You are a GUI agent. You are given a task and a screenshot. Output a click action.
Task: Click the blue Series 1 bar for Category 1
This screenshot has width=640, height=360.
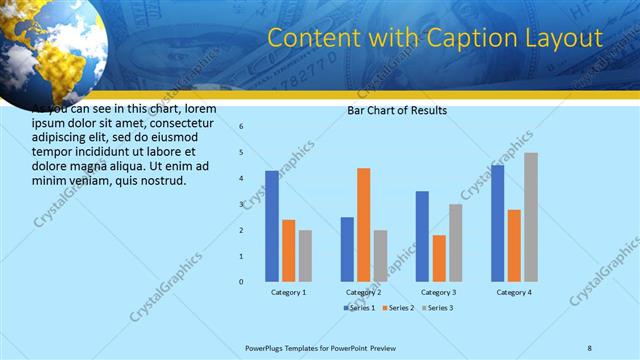point(272,226)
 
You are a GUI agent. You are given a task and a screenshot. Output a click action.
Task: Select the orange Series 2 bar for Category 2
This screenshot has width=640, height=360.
point(364,225)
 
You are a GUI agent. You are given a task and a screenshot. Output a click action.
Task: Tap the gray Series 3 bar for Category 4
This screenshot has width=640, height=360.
point(531,217)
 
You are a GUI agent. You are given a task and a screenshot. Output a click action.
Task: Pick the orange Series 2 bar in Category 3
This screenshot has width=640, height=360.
point(440,258)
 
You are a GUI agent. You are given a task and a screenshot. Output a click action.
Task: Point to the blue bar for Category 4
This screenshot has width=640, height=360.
point(498,223)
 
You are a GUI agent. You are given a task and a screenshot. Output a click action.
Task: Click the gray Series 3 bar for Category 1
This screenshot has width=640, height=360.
point(305,256)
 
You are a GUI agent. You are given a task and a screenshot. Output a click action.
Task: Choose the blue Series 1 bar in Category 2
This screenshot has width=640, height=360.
point(347,249)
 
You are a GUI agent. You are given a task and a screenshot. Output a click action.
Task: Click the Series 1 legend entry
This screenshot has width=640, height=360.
point(359,308)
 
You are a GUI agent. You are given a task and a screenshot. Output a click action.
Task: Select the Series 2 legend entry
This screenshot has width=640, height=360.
point(398,308)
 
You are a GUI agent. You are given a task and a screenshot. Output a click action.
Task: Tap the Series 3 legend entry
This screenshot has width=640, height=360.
point(436,308)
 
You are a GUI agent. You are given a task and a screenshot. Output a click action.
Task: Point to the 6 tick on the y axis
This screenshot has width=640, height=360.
point(241,127)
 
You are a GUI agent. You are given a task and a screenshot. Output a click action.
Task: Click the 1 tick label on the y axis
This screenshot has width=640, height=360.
point(241,256)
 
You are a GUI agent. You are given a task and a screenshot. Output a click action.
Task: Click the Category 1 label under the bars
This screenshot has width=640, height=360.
point(289,292)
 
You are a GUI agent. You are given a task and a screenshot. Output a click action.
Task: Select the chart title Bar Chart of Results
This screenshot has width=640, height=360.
point(397,110)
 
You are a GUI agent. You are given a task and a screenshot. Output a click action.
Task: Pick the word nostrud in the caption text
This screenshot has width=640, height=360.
point(161,180)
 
